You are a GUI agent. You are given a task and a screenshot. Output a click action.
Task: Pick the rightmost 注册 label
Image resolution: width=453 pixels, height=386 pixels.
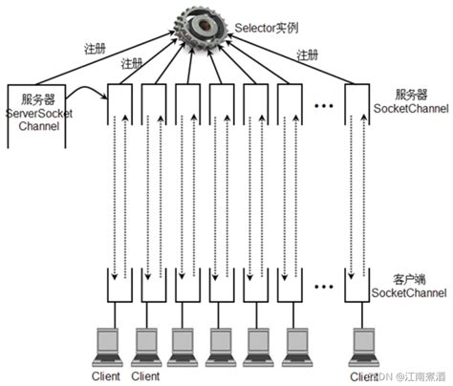(307, 54)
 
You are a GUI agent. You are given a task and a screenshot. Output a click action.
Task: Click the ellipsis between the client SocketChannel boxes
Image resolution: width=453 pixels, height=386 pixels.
(322, 284)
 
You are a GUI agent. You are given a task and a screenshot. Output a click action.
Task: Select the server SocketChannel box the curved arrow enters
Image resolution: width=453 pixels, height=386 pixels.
(119, 105)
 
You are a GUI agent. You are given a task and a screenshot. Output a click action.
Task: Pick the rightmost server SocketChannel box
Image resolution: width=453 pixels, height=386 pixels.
(357, 105)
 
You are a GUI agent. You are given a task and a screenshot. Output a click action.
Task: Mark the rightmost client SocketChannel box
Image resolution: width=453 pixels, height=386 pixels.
(357, 287)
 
